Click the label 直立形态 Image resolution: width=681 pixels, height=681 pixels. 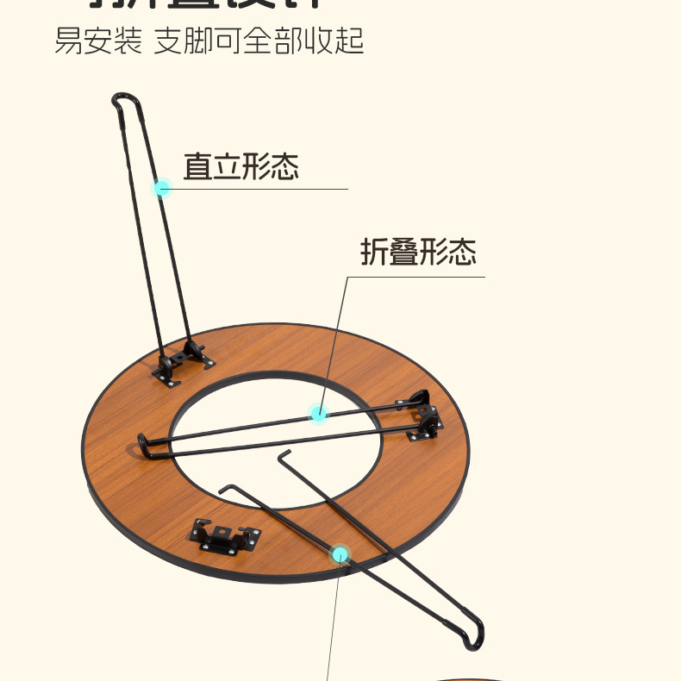pos(241,166)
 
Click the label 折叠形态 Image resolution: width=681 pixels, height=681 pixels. pos(418,253)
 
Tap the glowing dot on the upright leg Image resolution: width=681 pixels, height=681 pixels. pos(162,188)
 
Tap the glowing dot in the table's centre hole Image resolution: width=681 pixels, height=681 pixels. pos(319,414)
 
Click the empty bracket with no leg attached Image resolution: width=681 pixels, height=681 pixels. pos(226,536)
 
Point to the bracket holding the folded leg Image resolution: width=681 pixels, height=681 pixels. pos(422,422)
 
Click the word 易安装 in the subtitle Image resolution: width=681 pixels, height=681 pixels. pos(98,41)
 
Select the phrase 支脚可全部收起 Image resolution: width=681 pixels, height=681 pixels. pos(259,41)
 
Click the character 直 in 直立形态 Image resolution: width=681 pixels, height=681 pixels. pos(197,166)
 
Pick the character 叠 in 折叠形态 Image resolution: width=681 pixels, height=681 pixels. pos(403,253)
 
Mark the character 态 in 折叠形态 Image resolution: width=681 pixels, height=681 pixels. pos(462,253)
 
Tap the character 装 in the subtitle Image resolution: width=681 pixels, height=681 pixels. pos(128,41)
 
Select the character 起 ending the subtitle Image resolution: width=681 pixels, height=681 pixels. pos(349,41)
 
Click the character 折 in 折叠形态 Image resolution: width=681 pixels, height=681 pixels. pos(374,253)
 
